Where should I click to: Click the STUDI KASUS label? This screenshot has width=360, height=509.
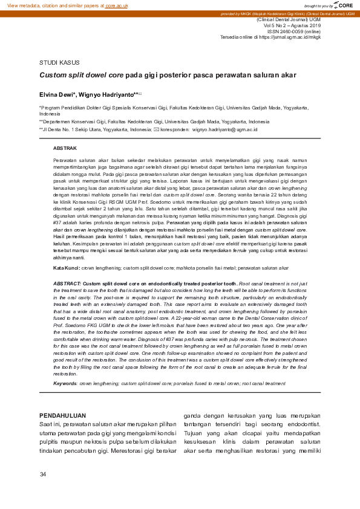click(x=59, y=63)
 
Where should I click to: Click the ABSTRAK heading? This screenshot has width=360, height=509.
click(x=65, y=148)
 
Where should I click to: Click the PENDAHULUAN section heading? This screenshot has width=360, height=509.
click(x=62, y=415)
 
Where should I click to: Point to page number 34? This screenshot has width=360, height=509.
click(x=43, y=474)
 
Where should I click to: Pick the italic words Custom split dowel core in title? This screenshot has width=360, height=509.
click(x=81, y=76)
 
